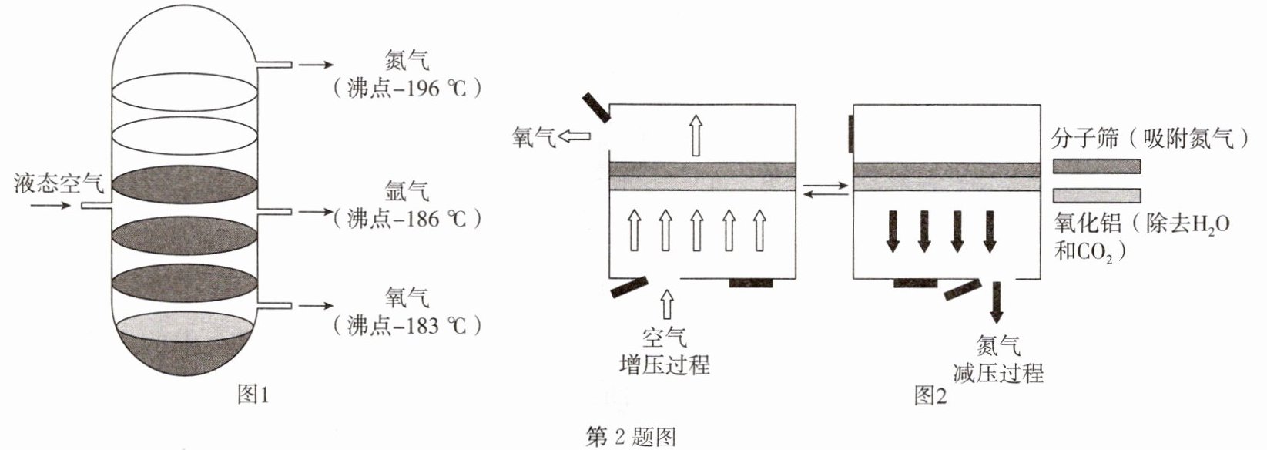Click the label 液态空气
tap(59, 184)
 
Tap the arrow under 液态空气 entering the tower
tap(51, 205)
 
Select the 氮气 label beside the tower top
tap(407, 61)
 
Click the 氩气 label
tap(407, 191)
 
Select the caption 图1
tap(253, 395)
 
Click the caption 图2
tap(930, 396)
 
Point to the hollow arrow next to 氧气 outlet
tap(574, 136)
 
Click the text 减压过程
tap(998, 373)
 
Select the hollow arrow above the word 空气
tap(668, 304)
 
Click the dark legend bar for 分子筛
tap(1096, 166)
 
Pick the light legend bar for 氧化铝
tap(1096, 196)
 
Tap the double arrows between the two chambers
tap(826, 190)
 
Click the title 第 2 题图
tap(631, 437)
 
